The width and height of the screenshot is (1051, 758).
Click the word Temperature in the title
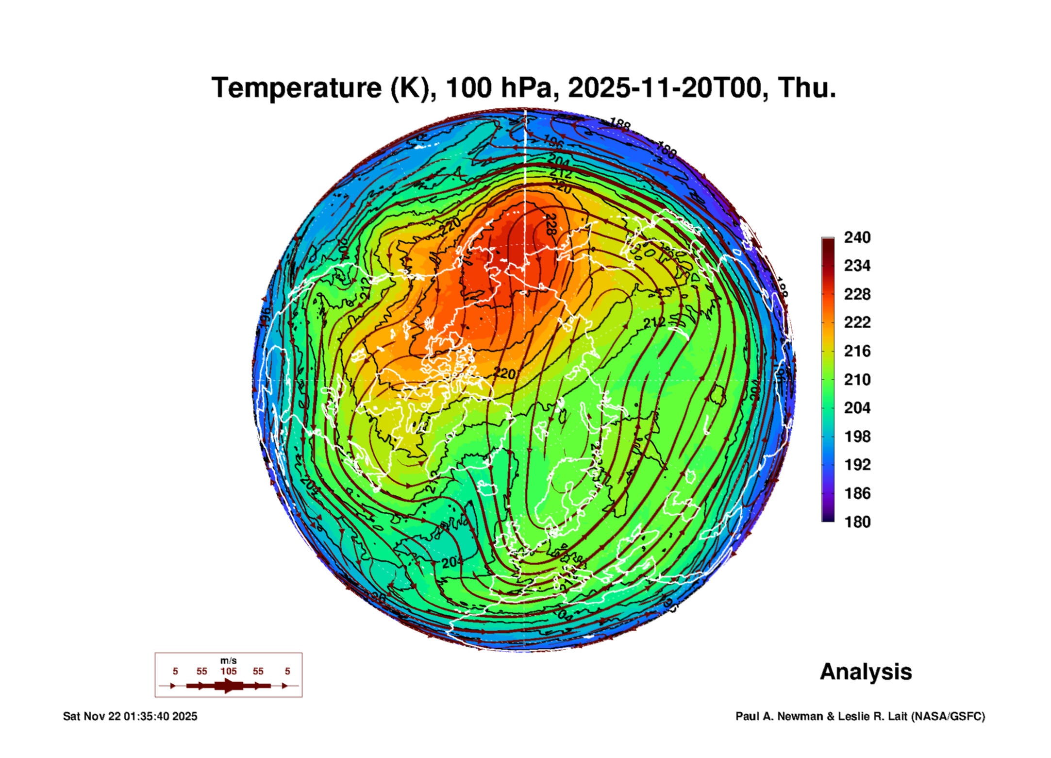tap(297, 88)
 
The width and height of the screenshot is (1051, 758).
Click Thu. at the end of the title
tap(807, 88)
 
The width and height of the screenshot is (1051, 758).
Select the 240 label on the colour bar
tap(857, 237)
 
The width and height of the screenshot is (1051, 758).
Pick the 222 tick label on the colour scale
tap(857, 322)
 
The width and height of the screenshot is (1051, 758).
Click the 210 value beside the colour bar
tap(857, 379)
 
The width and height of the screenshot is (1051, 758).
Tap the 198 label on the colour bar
tap(857, 437)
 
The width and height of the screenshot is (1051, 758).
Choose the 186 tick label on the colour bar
tap(857, 493)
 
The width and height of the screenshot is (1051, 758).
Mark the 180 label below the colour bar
tap(857, 522)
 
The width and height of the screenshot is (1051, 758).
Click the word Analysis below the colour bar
tap(866, 672)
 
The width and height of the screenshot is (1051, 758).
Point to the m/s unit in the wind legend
tap(228, 660)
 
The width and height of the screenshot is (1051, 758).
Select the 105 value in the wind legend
tap(228, 671)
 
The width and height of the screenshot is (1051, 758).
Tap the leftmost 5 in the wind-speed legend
tap(175, 671)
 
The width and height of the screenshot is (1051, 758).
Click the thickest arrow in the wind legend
tap(228, 686)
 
